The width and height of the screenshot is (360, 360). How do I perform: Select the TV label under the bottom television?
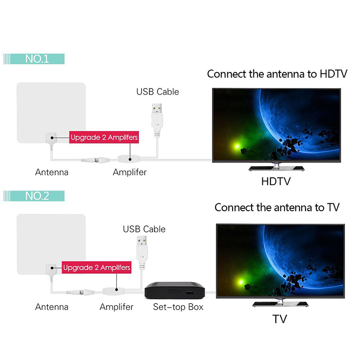[279, 319]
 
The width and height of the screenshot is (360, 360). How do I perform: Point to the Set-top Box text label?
[178, 307]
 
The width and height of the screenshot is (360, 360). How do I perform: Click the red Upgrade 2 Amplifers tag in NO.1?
[103, 136]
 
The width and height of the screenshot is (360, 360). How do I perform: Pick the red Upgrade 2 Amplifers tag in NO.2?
[97, 268]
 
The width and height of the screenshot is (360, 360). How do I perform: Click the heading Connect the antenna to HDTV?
[277, 74]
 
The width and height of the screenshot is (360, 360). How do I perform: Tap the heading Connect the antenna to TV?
[277, 207]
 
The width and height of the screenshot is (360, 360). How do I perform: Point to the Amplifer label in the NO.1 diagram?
[130, 172]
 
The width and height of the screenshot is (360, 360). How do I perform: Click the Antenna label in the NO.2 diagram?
[52, 307]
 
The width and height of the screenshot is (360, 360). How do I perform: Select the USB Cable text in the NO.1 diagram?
[157, 92]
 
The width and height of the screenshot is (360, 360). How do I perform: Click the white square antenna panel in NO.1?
[50, 108]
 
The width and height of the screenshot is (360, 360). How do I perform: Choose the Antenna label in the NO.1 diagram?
[52, 172]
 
